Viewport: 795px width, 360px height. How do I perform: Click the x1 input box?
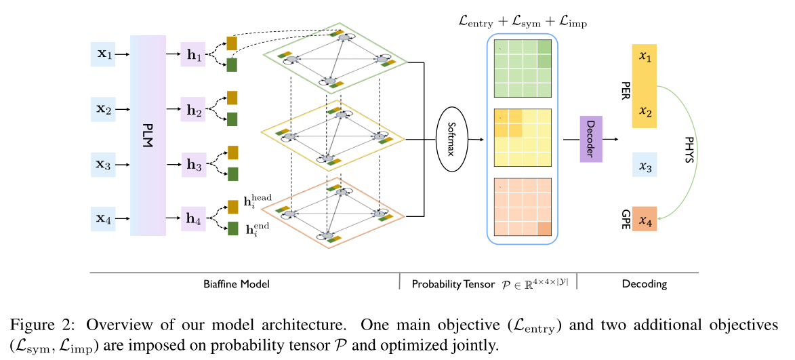click(104, 54)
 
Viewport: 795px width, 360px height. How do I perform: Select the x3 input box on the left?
click(104, 165)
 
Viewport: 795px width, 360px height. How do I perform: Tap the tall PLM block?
click(148, 136)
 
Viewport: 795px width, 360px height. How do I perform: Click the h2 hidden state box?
click(193, 109)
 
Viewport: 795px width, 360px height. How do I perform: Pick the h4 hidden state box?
click(193, 220)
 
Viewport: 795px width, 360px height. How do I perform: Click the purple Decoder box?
click(590, 138)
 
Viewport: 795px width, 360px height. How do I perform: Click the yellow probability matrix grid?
click(523, 138)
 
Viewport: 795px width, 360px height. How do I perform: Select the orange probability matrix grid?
click(523, 207)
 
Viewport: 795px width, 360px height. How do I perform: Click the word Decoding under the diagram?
click(644, 284)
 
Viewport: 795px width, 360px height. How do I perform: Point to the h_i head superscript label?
click(257, 202)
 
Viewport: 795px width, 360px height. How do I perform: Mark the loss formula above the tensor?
click(523, 22)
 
